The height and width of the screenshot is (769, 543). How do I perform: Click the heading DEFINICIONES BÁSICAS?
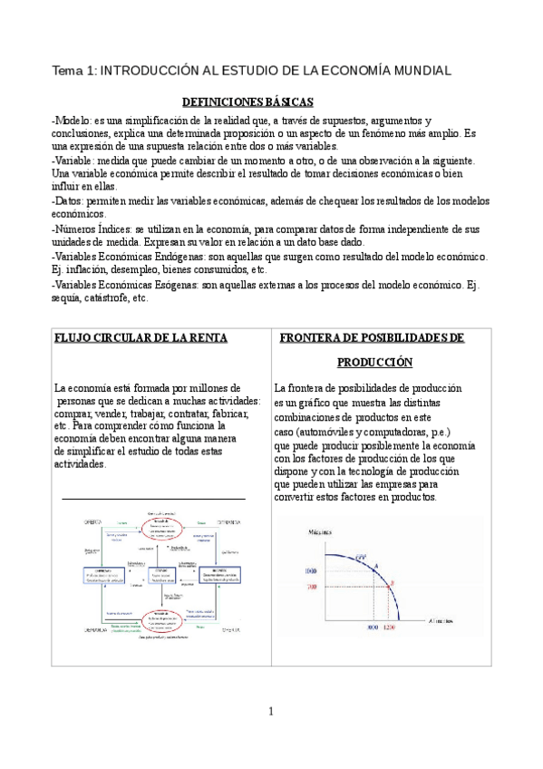(247, 102)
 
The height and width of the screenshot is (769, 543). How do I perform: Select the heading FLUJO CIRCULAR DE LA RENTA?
(141, 337)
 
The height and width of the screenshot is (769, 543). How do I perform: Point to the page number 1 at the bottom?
(270, 710)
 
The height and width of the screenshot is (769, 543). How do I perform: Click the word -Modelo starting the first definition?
(73, 121)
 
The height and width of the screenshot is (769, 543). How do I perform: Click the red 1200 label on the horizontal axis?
(390, 628)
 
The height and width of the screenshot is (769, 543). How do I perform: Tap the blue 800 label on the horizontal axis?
(372, 628)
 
